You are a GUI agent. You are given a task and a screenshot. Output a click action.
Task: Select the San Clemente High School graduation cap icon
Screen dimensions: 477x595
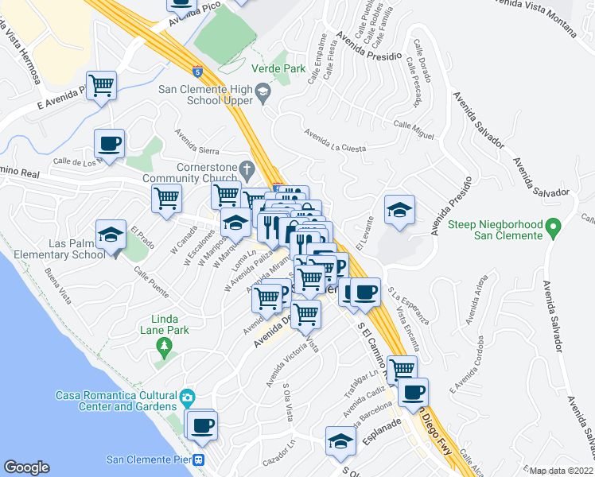click(262, 95)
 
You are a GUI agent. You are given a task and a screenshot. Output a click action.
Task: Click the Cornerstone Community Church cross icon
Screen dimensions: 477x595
click(247, 169)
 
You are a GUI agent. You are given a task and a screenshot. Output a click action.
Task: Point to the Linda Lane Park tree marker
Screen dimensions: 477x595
click(165, 346)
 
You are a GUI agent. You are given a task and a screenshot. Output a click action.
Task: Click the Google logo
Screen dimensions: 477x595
click(26, 467)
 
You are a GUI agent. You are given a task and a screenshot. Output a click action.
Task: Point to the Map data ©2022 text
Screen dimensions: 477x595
click(561, 471)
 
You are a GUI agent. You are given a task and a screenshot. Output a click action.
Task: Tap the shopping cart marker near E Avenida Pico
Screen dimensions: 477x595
click(102, 84)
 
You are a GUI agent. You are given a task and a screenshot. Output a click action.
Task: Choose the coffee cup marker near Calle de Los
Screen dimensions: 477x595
click(109, 143)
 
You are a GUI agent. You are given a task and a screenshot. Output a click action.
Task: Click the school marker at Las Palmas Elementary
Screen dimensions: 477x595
click(111, 234)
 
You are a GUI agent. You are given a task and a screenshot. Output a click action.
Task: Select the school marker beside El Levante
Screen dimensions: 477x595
click(399, 209)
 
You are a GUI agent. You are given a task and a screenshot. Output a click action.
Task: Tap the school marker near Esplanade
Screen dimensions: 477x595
click(340, 440)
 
